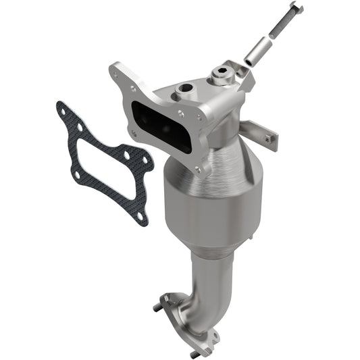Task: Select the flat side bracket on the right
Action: tap(260, 132)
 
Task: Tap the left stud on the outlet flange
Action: tap(157, 308)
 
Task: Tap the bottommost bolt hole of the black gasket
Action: tap(140, 215)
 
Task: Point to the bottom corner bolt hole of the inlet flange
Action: tap(198, 169)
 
